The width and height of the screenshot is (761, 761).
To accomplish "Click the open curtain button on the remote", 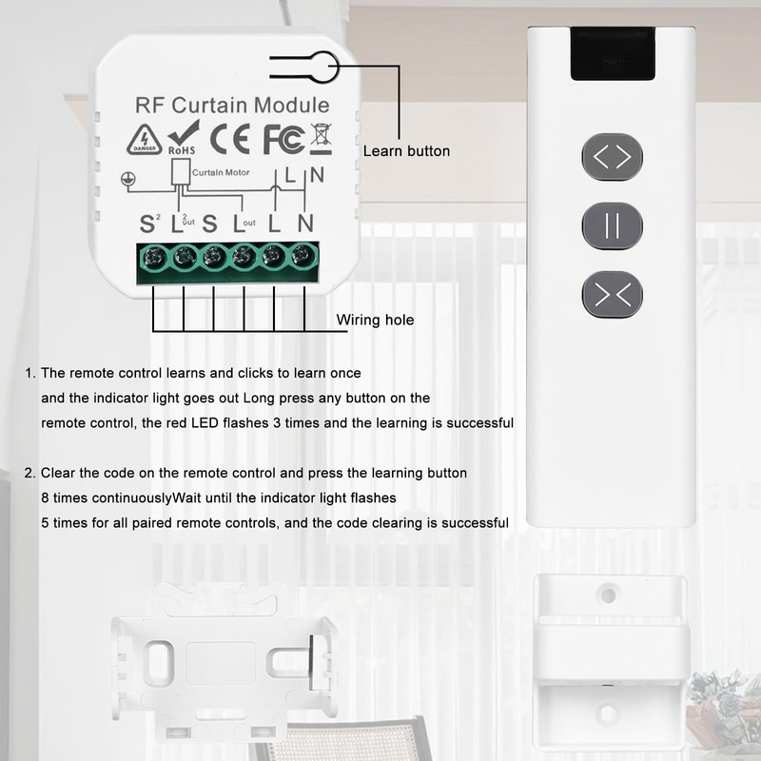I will click(x=613, y=156).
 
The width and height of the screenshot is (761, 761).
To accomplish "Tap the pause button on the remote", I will click(x=613, y=226).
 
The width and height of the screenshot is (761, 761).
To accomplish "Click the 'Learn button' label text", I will click(x=406, y=151).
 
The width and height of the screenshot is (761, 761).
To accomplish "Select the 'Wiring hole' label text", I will click(x=376, y=321).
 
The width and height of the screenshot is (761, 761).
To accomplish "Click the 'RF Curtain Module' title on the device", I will click(x=233, y=106).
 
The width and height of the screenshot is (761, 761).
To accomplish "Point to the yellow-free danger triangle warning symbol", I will click(x=144, y=140).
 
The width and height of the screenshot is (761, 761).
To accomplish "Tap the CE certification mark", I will click(x=229, y=139).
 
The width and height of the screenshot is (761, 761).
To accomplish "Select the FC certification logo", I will click(x=283, y=139).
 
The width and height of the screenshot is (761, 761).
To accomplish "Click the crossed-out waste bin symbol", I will click(x=321, y=139).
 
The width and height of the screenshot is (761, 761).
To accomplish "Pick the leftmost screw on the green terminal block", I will click(x=152, y=256).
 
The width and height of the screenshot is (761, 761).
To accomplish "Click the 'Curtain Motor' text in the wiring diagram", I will click(x=221, y=173).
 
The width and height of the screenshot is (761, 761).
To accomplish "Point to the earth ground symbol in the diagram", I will click(x=124, y=178).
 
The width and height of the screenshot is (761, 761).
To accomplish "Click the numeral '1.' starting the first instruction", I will click(x=30, y=373).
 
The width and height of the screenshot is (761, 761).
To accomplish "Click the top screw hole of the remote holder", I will click(x=606, y=595).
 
